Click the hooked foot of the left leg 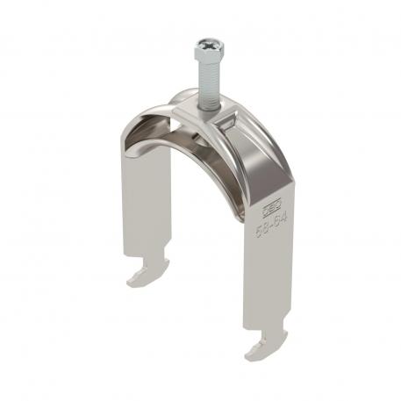click(144, 277)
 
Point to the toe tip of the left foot click(130, 283)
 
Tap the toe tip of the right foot click(248, 355)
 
